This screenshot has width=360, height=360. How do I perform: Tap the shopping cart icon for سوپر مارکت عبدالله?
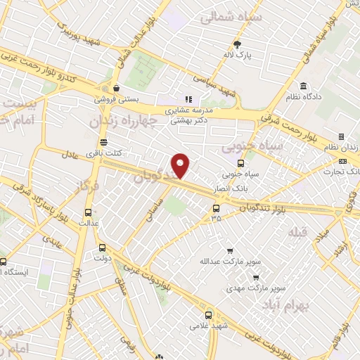click(229, 251)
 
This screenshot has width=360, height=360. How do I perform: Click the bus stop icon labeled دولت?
click(103, 247)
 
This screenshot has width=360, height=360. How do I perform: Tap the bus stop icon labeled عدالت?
click(88, 212)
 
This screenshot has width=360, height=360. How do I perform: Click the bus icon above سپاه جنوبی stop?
click(241, 164)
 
